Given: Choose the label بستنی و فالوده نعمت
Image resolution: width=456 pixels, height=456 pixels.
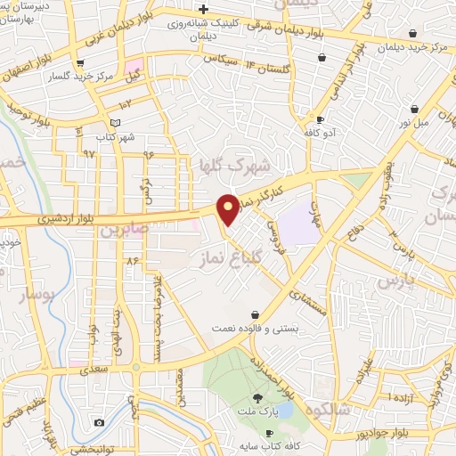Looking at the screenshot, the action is coord(252,329).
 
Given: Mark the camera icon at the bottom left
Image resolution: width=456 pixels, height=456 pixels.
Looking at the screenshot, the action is coord(98,421).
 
